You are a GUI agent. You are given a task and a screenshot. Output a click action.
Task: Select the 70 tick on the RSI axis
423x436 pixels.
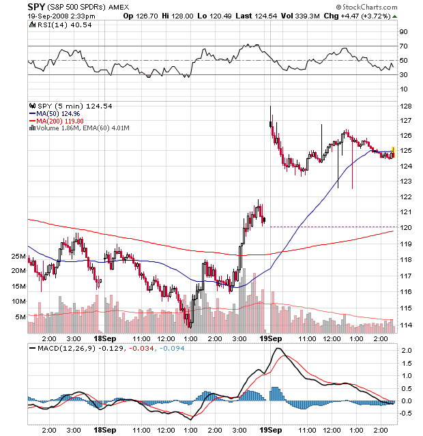tap(403, 46)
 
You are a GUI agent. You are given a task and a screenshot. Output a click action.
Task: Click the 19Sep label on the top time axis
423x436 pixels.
tap(270, 337)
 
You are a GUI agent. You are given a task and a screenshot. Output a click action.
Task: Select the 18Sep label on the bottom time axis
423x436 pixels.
tap(104, 430)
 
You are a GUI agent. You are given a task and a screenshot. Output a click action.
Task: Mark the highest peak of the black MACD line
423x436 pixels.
tap(278, 349)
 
